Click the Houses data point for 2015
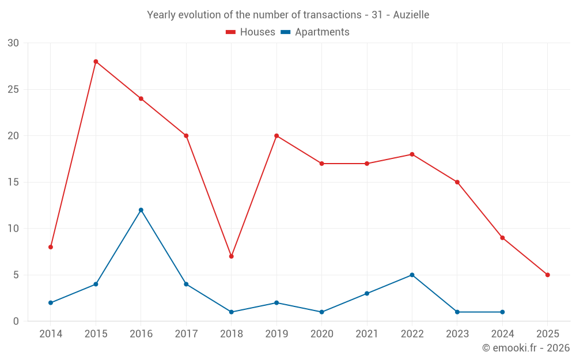point(96,62)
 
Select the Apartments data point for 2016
point(141,210)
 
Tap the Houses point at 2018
point(231,256)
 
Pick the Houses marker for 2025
point(547,275)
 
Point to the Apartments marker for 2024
point(502,312)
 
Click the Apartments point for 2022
point(412,275)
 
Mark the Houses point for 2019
point(276,136)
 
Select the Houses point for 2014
point(51,247)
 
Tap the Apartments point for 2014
point(51,302)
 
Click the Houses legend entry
point(251,32)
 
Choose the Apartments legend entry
point(315,32)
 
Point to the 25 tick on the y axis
point(13,89)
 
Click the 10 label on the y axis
point(13,229)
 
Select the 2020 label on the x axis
point(321,334)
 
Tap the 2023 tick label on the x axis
point(457,334)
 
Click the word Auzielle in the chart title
point(411,15)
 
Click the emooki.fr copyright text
point(526,348)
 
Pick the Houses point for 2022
point(412,154)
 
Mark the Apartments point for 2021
point(367,293)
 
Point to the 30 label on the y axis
point(13,43)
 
